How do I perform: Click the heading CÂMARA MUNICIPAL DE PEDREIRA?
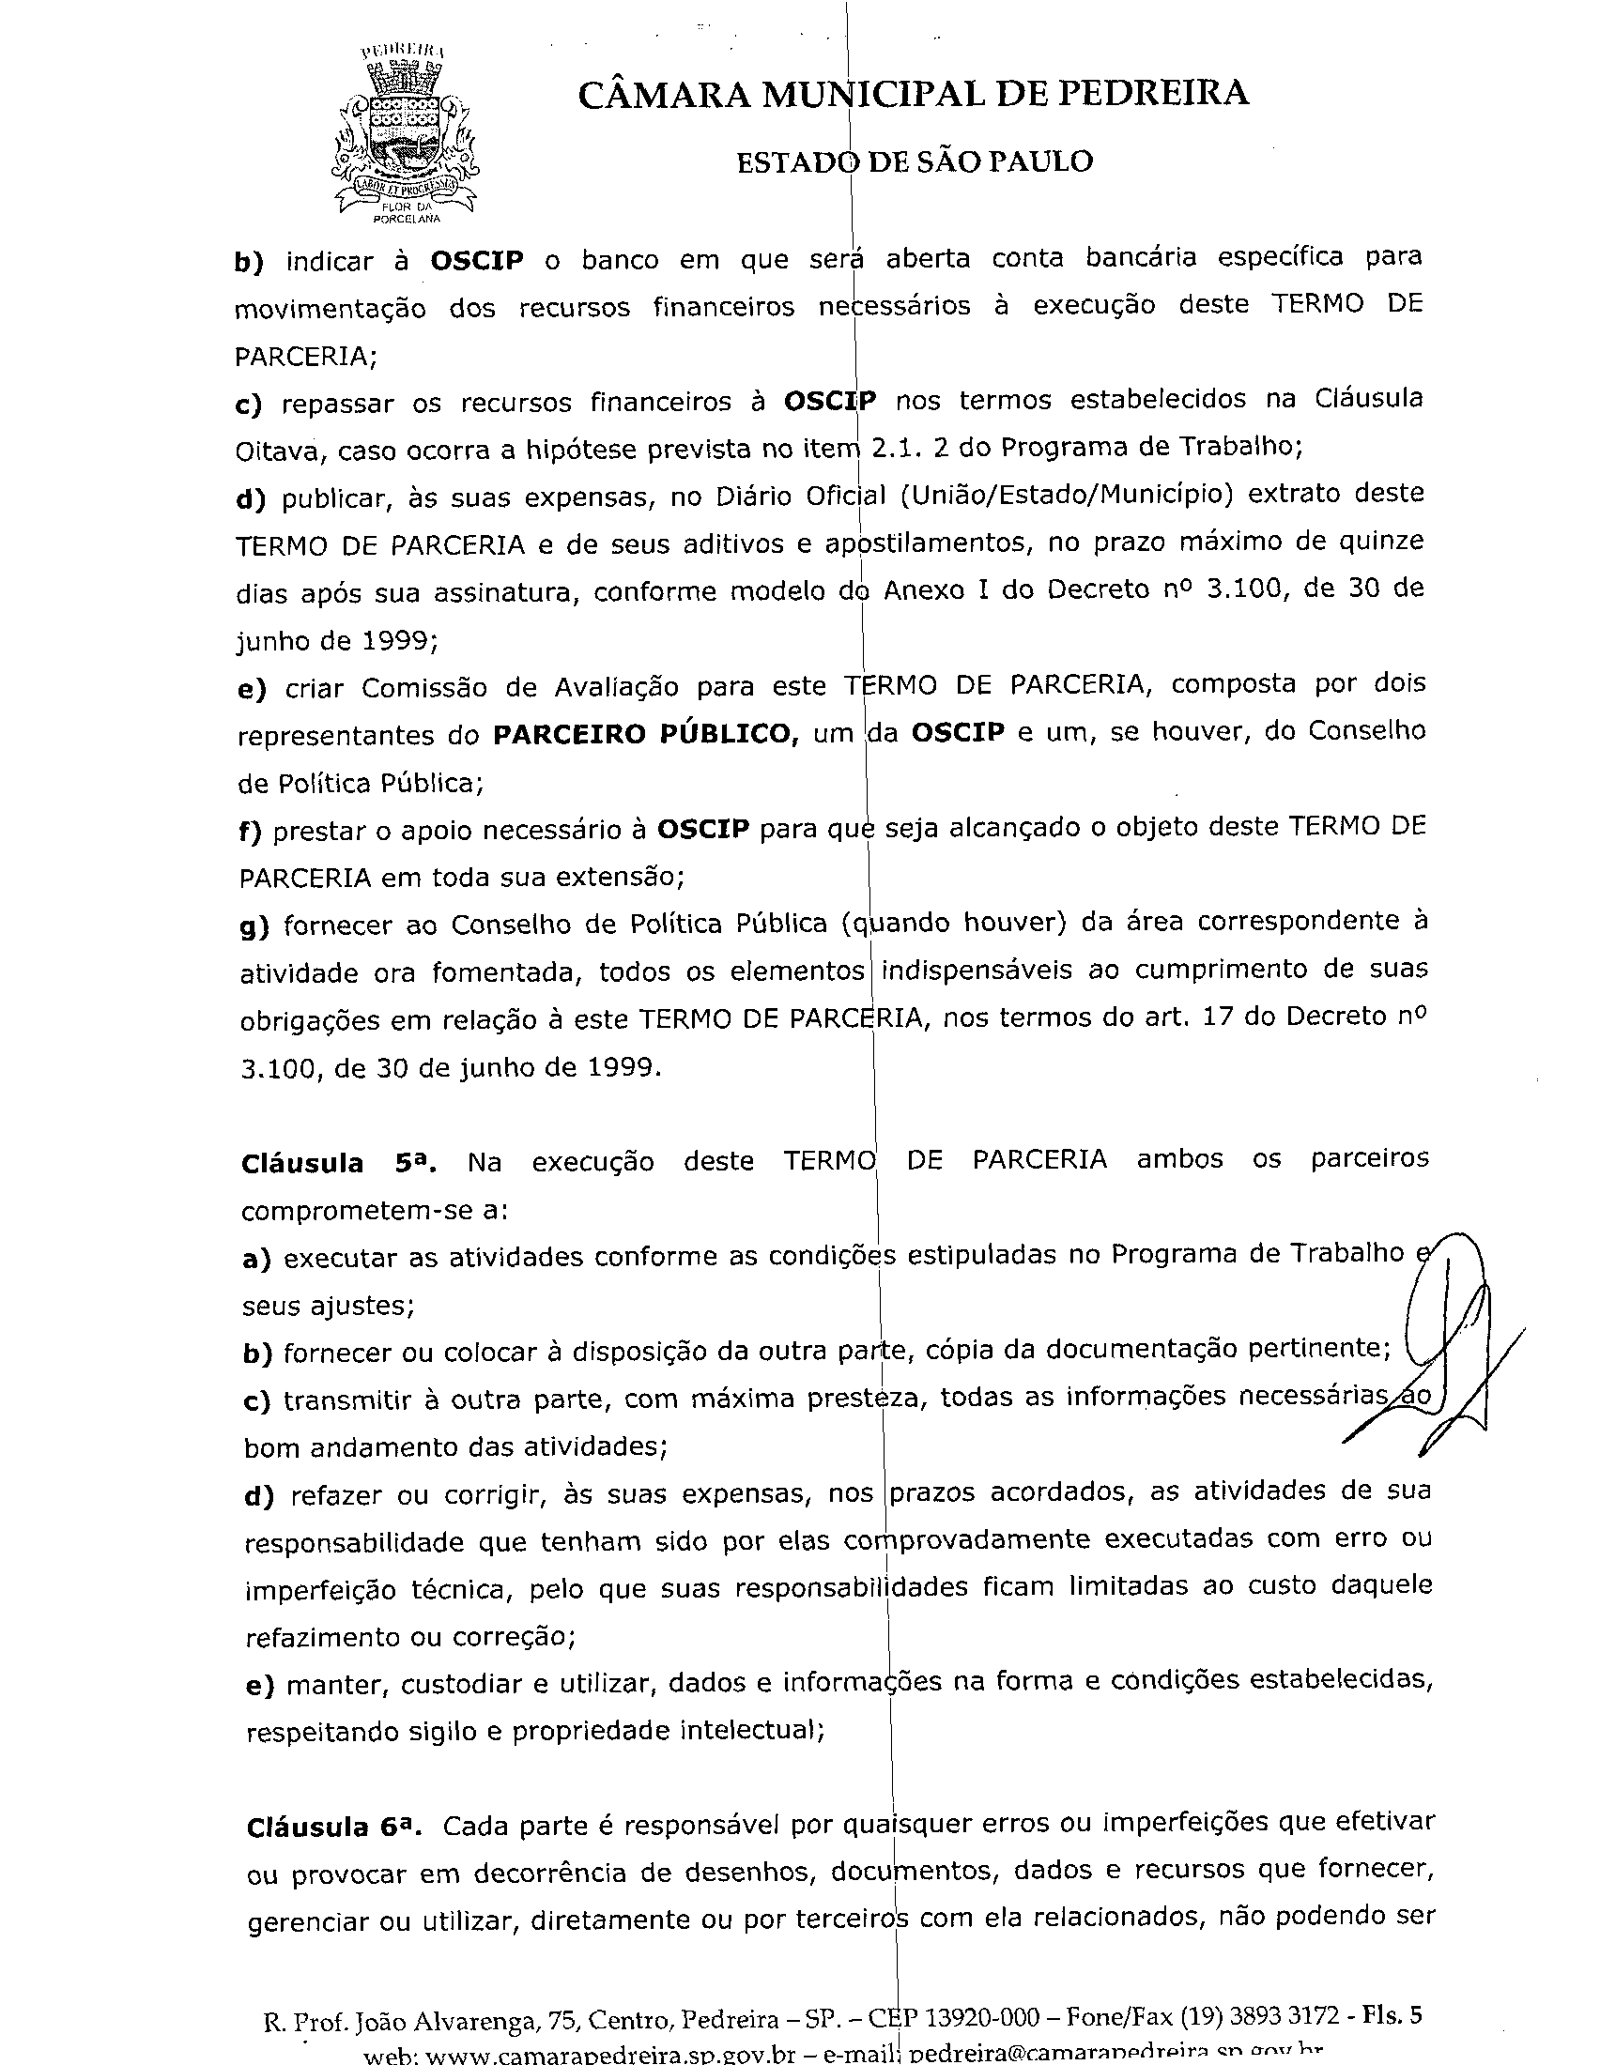point(913,94)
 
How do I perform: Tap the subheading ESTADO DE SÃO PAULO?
point(915,161)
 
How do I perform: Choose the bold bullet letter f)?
point(251,830)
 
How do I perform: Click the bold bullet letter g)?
point(254,925)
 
